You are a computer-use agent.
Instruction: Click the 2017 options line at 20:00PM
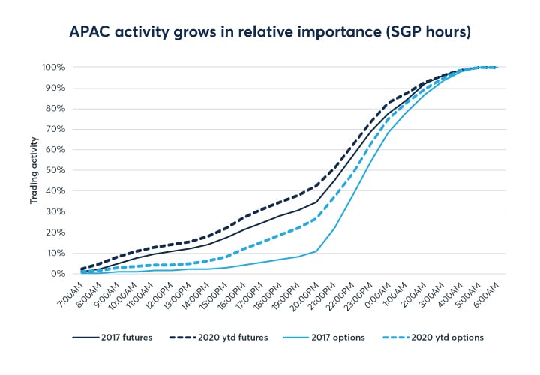(316, 250)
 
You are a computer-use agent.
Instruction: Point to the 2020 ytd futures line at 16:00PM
(244, 217)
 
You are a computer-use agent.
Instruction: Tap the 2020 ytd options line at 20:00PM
(316, 218)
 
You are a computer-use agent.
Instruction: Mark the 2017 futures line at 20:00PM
(316, 202)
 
